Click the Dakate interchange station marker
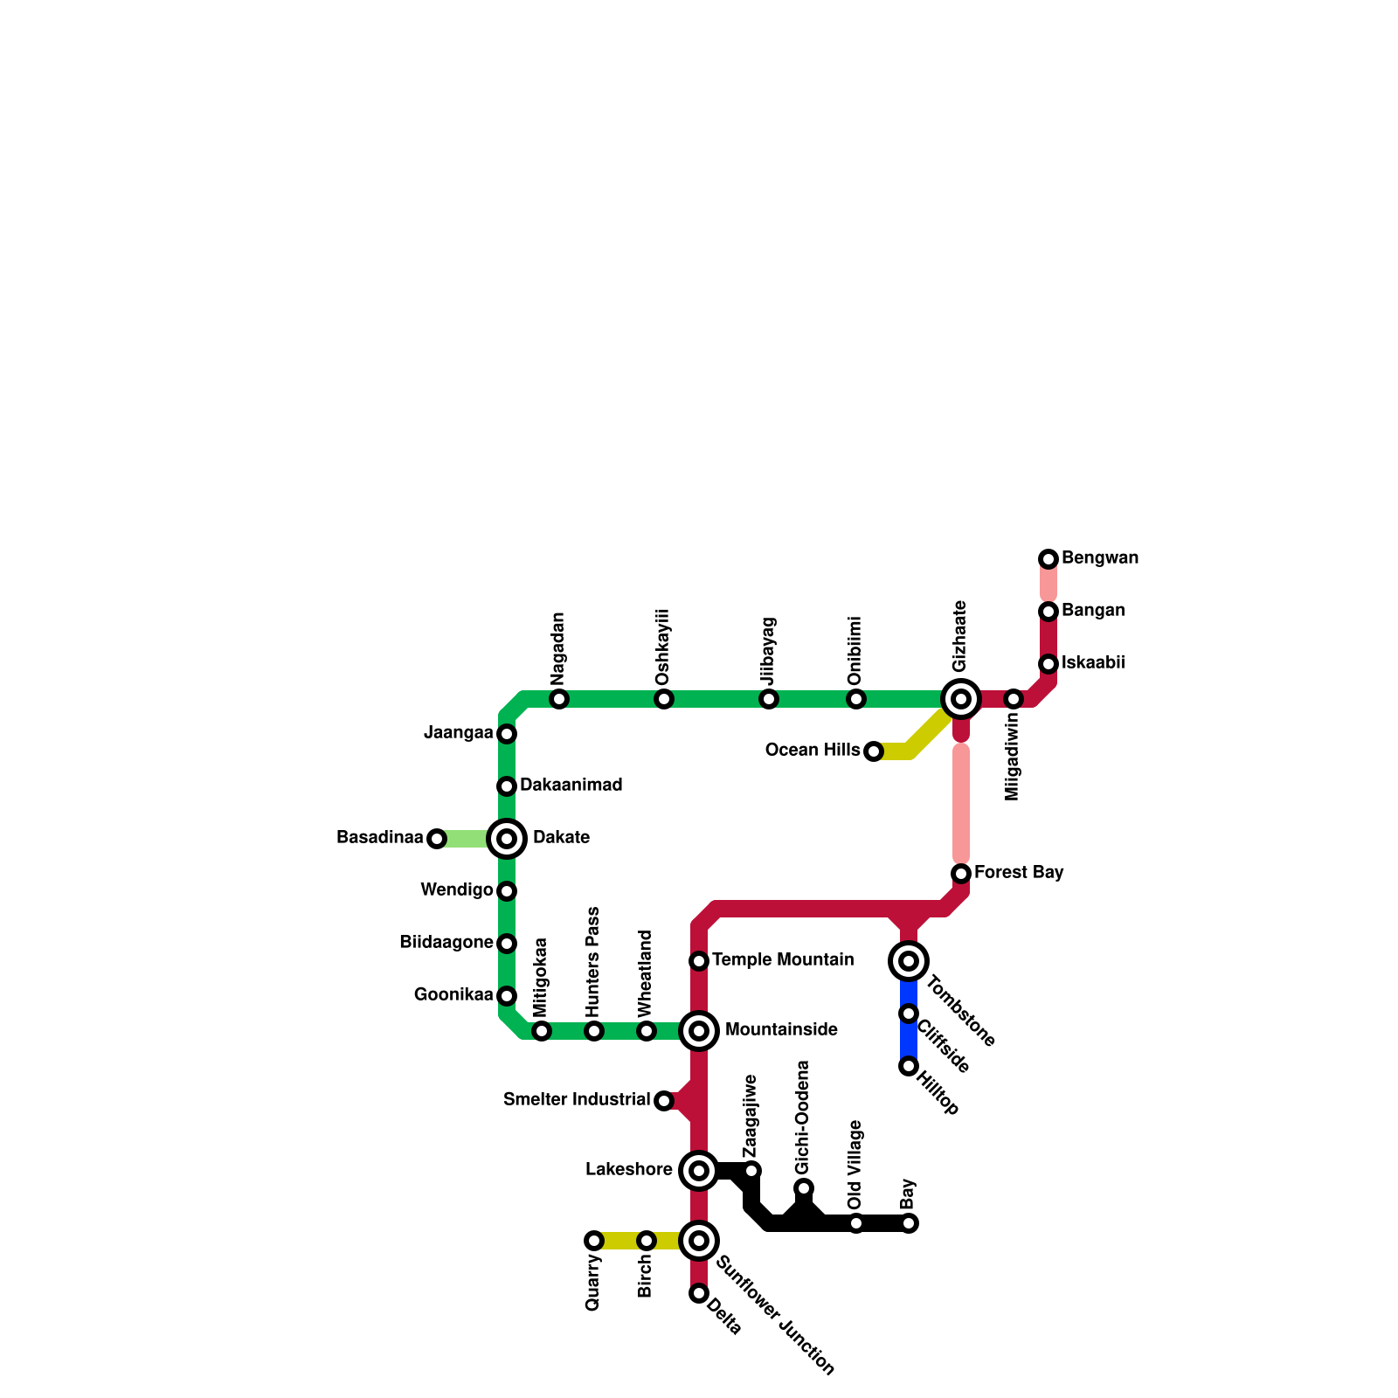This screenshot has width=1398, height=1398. pos(507,839)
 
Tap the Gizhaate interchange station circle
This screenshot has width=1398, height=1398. pos(961,699)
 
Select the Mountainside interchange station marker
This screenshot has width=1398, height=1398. pos(699,1031)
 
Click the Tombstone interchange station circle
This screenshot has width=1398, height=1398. pos(909,961)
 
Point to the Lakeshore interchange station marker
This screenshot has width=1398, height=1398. pos(699,1171)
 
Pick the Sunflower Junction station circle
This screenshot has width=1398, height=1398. pos(699,1240)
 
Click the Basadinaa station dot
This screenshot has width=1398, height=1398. pos(437,839)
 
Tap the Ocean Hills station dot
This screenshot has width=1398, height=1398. pos(874,751)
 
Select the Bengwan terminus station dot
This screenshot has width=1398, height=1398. pos(1048,559)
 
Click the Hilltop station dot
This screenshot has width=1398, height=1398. pos(909,1066)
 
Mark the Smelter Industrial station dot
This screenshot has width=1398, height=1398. pos(664,1101)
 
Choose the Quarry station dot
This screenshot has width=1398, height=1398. pos(594,1241)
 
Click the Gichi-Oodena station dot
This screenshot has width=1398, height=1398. pos(804,1188)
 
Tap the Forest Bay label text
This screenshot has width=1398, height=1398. pos(1019,873)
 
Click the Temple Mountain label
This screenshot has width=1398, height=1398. pos(783,960)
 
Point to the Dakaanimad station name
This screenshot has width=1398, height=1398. pos(571,786)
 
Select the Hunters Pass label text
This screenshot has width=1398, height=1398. pos(593,961)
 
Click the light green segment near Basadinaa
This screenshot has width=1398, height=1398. pos(467,839)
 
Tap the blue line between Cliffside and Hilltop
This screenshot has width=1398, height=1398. pos(909,1040)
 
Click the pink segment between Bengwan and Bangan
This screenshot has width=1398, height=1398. pos(1048,585)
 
